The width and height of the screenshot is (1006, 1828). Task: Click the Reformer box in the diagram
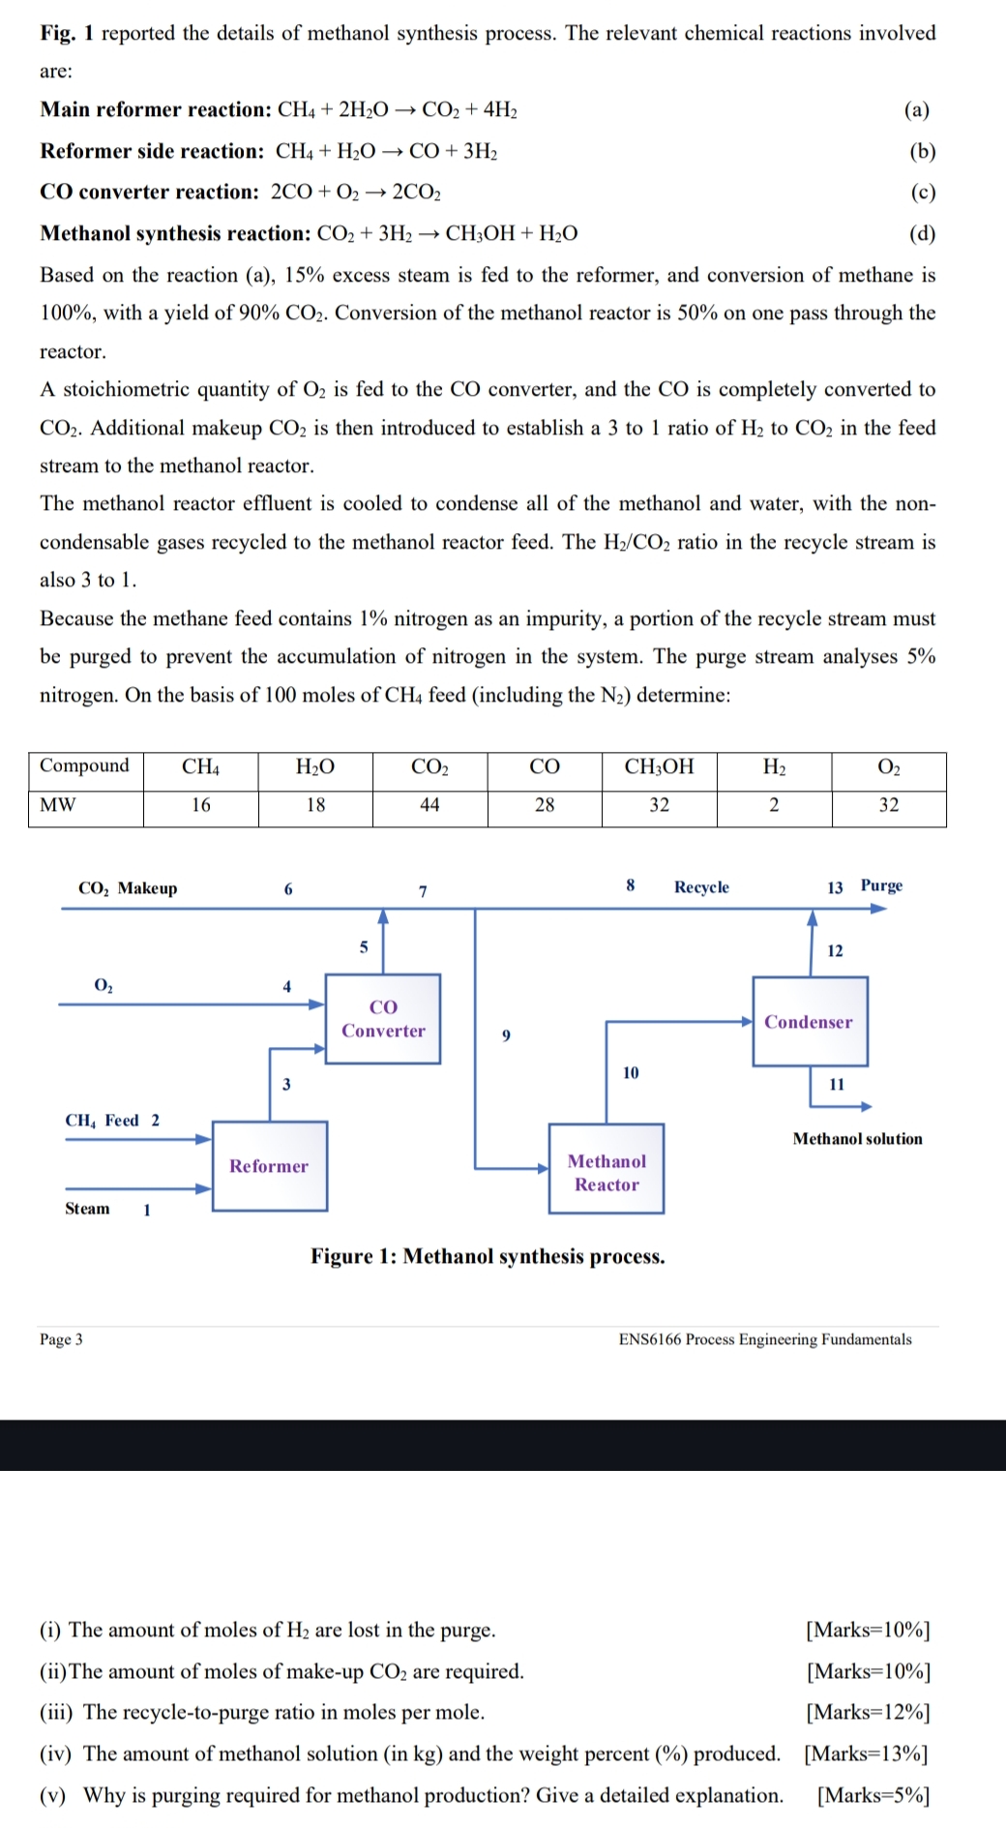coord(269,1166)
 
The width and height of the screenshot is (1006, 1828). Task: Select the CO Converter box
coord(383,1019)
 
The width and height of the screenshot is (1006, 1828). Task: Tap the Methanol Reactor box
coord(607,1172)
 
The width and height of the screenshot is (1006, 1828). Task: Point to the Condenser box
coord(809,1022)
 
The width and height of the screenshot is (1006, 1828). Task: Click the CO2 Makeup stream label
coord(128,888)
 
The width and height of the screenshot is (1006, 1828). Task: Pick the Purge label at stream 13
coord(881,885)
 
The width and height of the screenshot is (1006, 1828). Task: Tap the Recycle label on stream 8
coord(701,887)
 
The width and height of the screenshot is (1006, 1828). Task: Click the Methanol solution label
coord(857,1139)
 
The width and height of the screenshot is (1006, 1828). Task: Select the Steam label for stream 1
coord(87,1209)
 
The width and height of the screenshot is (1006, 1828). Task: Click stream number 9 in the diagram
coord(506,1035)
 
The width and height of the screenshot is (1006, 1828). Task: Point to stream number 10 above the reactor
coord(631,1072)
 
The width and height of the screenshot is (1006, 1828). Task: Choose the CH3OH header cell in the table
coord(659,766)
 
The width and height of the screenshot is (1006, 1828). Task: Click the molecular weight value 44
coord(429,805)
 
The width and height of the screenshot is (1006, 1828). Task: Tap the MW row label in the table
coord(58,805)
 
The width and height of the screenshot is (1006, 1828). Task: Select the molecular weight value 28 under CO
coord(545,805)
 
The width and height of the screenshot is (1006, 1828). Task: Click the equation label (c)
coord(923,192)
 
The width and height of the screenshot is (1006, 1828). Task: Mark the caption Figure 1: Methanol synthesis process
coord(488,1257)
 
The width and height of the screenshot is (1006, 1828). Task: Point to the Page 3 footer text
coord(61,1339)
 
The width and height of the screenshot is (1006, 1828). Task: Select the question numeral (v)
coord(52,1795)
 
